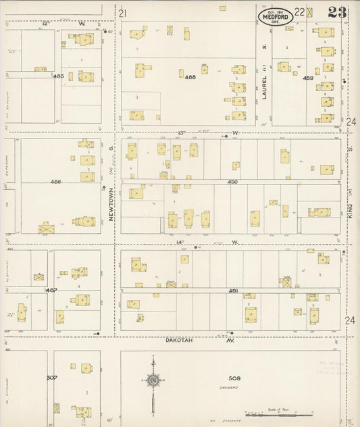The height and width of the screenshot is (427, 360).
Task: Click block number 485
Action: pyautogui.click(x=58, y=76)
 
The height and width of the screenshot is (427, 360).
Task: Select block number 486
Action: pyautogui.click(x=56, y=182)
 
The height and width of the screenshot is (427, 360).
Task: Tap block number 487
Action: pyautogui.click(x=51, y=290)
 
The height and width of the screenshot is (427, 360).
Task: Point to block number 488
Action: pyautogui.click(x=190, y=77)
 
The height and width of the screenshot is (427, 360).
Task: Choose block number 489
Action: pyautogui.click(x=308, y=78)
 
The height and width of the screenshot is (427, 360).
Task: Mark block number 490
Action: pyautogui.click(x=232, y=182)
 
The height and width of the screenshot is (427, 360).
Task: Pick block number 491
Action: pyautogui.click(x=232, y=290)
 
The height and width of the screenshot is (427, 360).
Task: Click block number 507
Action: pyautogui.click(x=51, y=377)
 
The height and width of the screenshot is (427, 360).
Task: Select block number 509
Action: pyautogui.click(x=234, y=378)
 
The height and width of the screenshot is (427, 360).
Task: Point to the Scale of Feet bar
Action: pyautogui.click(x=278, y=411)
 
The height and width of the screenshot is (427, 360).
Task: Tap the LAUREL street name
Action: pyautogui.click(x=265, y=88)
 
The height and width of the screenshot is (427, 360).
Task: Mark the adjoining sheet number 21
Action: pyautogui.click(x=122, y=13)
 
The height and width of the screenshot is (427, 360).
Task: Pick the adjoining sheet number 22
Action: pyautogui.click(x=298, y=11)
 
